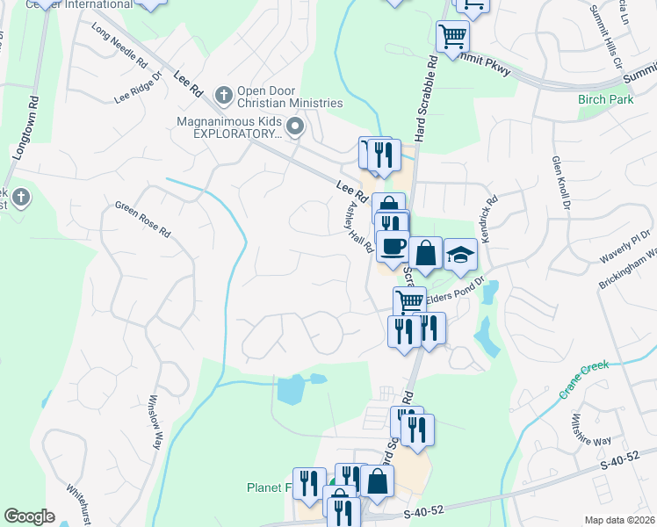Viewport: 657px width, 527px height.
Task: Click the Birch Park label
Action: click(605, 99)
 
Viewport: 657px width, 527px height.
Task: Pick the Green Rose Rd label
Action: click(141, 220)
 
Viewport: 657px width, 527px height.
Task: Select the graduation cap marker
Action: click(459, 255)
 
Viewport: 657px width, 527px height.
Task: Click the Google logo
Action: click(30, 516)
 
